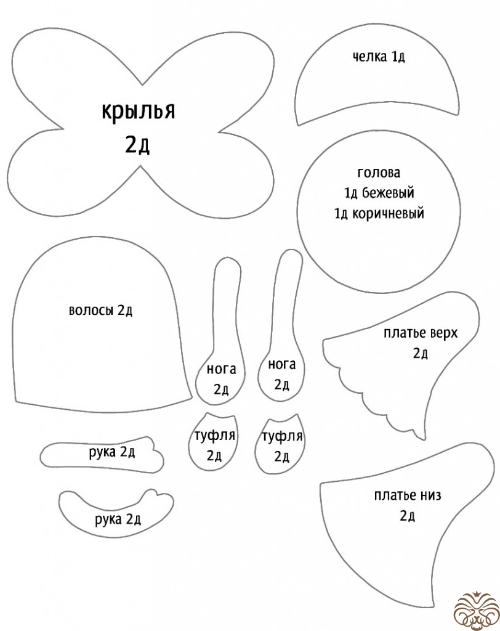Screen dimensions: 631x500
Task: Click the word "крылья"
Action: (x=138, y=113)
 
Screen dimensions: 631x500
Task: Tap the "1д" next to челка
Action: (x=397, y=57)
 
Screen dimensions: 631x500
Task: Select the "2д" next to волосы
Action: (x=126, y=311)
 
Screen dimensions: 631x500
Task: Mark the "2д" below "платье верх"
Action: (x=421, y=353)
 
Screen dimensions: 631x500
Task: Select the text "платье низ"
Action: (x=408, y=495)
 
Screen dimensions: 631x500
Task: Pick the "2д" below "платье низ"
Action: (x=407, y=516)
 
